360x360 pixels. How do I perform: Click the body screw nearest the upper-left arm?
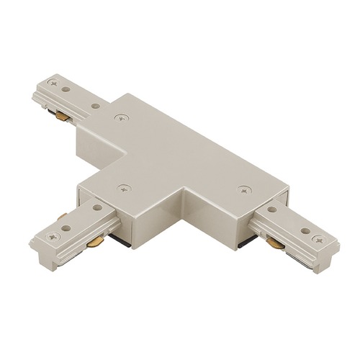(118, 116)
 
